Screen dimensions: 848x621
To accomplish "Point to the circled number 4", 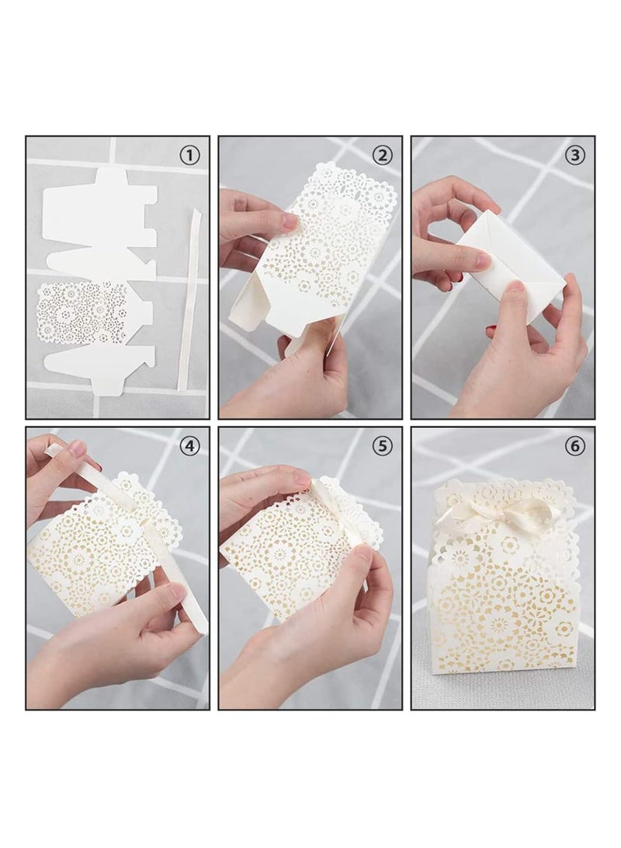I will point(189,446).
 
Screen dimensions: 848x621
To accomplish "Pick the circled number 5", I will point(382,446).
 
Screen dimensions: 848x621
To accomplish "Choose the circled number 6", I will point(575,446).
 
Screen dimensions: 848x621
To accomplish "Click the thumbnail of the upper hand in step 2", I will point(290,222).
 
